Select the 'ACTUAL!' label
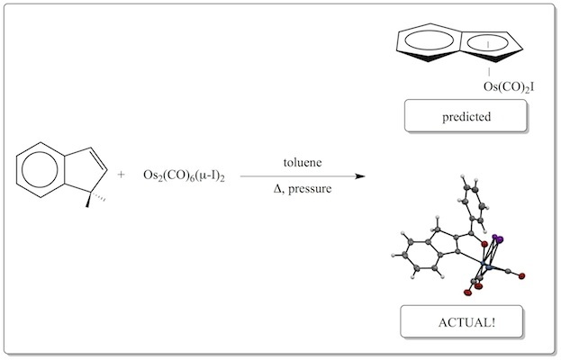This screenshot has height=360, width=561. tap(461, 321)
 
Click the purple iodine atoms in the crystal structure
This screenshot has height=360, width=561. tap(496, 238)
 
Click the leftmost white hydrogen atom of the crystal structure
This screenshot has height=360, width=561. tap(393, 256)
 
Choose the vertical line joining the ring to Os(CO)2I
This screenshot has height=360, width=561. tap(488, 68)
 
